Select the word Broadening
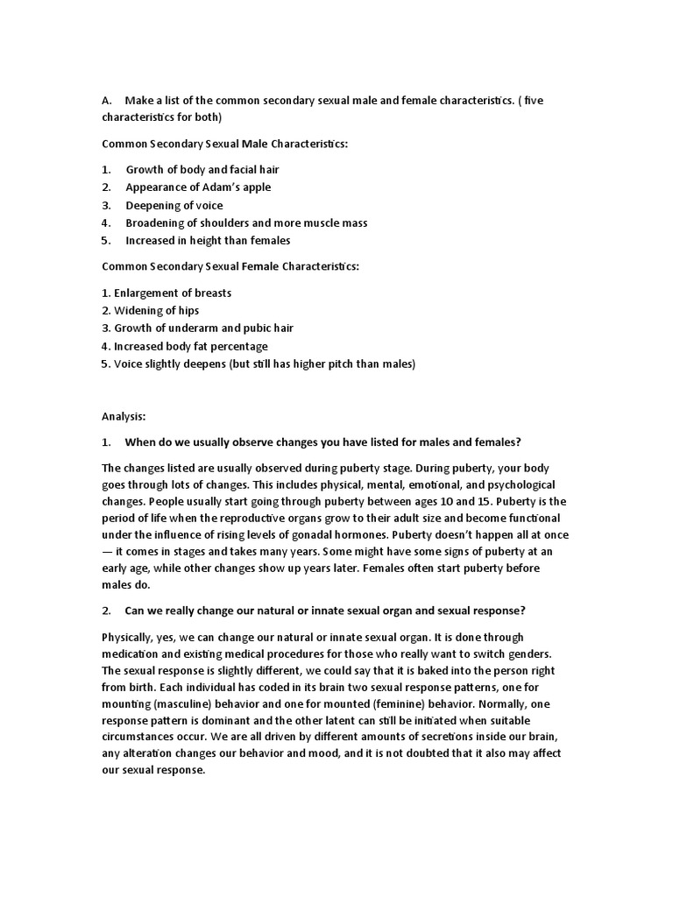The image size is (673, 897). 156,222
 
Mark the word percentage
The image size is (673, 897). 236,346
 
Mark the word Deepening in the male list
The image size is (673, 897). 152,205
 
